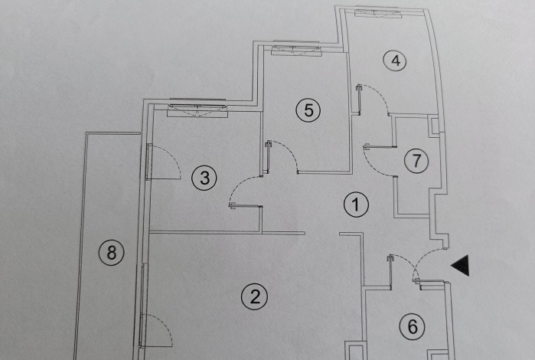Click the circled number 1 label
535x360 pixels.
356,205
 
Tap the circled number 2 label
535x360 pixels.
255,296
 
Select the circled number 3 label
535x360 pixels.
204,178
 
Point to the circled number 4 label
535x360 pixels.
395,61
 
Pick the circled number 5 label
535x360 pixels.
308,110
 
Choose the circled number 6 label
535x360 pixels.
413,327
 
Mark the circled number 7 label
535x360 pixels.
416,161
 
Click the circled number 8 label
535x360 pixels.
112,253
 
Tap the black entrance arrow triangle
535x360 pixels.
461,265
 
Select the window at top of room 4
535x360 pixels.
377,12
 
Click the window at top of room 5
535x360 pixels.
296,49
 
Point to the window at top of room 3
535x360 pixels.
197,108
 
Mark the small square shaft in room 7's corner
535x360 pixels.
434,126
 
